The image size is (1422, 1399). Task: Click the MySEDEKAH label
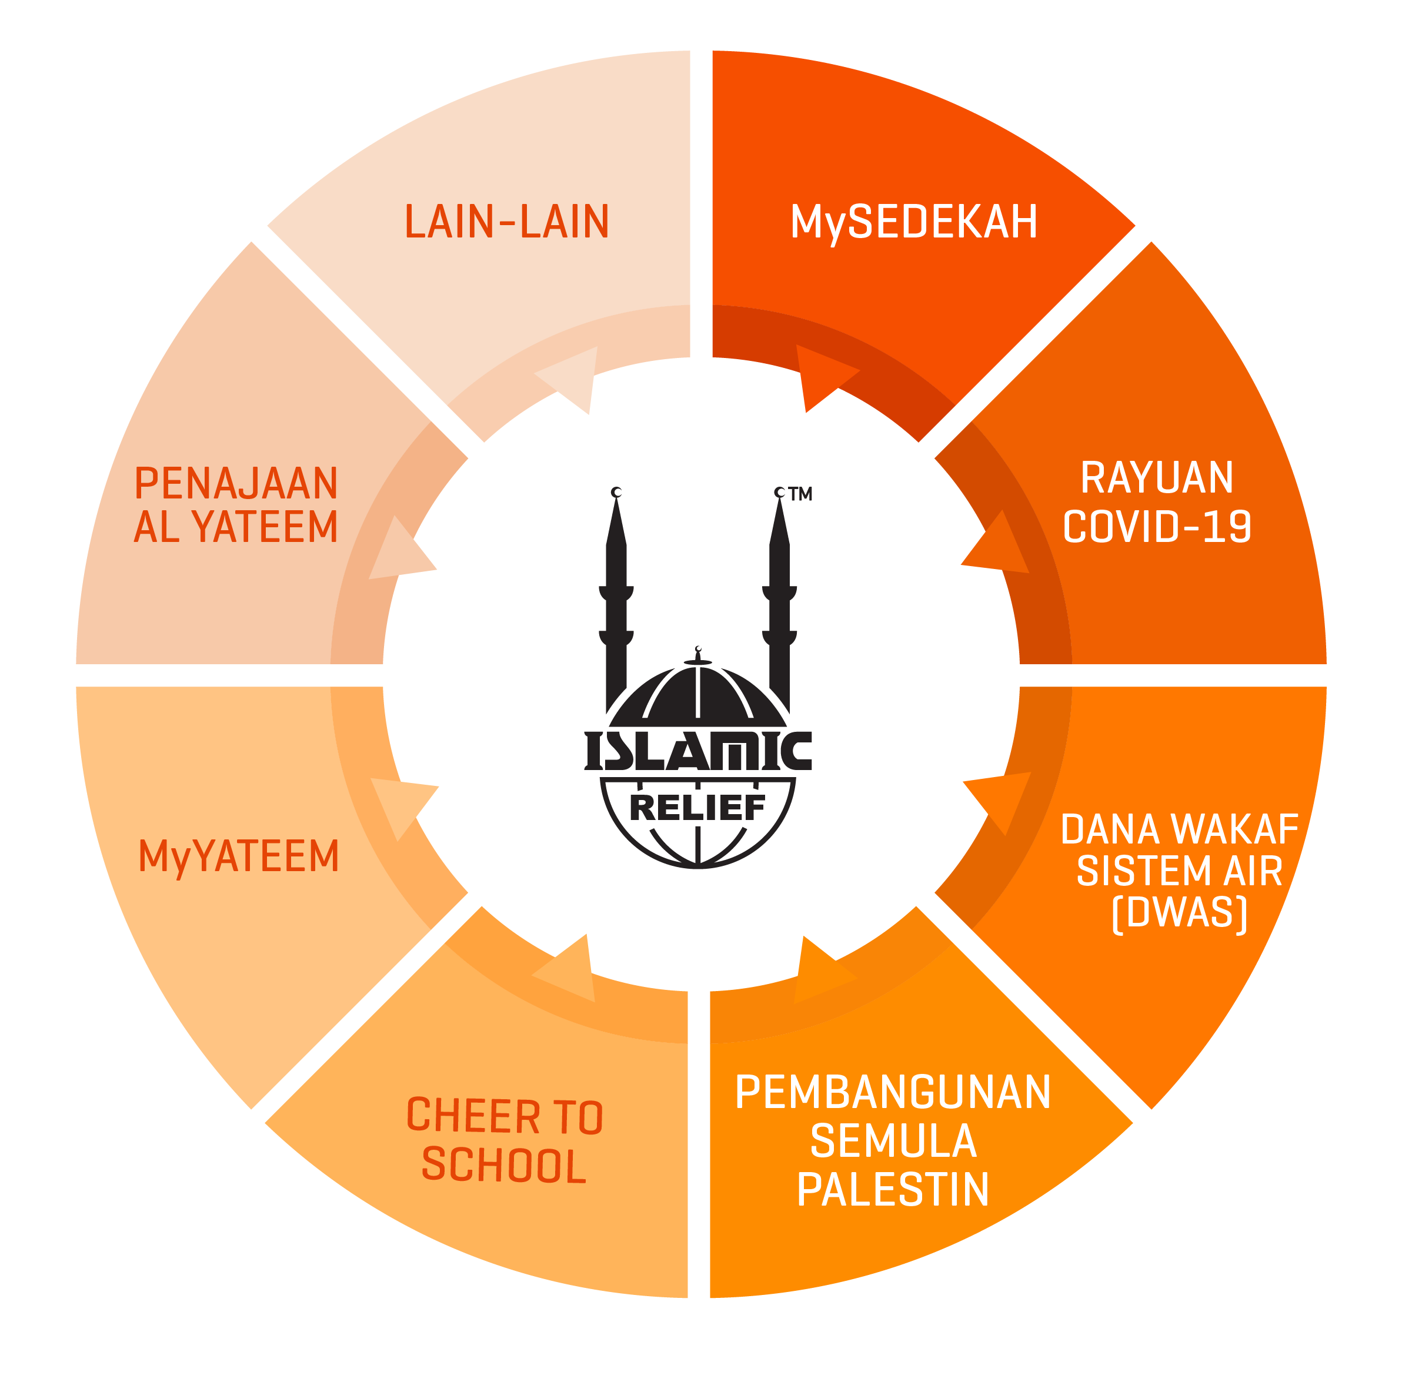click(x=913, y=223)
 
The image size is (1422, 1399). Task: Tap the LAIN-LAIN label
click(x=506, y=222)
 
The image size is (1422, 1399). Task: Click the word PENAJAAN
click(x=236, y=483)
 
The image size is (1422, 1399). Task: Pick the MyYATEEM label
click(x=239, y=858)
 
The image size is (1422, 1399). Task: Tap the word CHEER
click(x=473, y=1116)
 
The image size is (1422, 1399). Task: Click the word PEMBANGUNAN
click(x=893, y=1092)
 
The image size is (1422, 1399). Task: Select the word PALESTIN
click(x=893, y=1190)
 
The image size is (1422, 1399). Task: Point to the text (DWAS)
click(x=1179, y=914)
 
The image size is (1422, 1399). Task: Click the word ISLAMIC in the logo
click(x=697, y=750)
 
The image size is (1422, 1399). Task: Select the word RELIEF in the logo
click(x=697, y=808)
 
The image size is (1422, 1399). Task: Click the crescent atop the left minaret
click(x=616, y=491)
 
